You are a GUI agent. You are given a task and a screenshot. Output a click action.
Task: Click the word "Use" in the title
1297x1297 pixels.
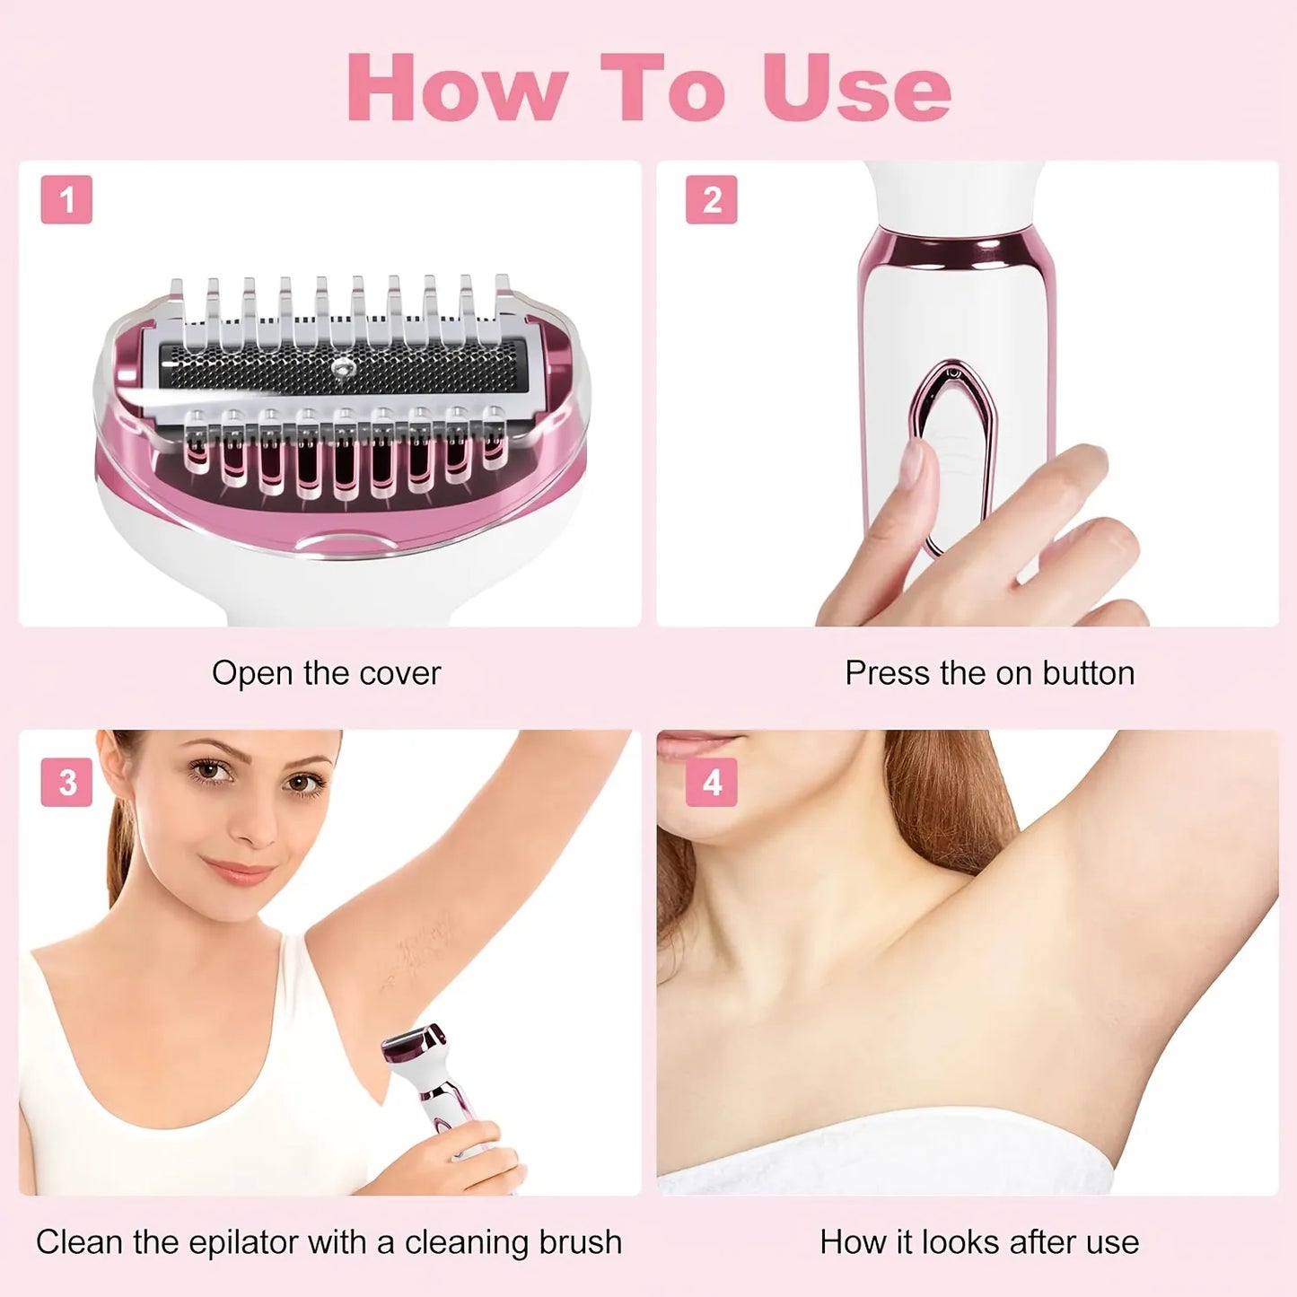pos(855,87)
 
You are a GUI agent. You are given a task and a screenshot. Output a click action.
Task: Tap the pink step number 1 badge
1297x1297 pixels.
pos(66,199)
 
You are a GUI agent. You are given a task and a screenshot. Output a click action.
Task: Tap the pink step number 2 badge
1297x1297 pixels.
pos(711,199)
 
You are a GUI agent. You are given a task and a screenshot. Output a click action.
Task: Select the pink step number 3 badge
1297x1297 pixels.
pos(66,782)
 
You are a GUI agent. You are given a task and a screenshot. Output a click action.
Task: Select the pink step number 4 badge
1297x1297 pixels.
pos(711,782)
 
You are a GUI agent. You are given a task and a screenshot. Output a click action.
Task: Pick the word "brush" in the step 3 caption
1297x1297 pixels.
pos(580,1242)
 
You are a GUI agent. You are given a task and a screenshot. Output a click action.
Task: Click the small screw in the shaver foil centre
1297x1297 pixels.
pos(342,365)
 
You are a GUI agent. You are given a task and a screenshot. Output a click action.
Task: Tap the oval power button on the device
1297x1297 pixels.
pos(955,449)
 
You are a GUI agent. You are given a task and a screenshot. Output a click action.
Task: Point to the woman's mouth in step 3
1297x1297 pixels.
pos(239,870)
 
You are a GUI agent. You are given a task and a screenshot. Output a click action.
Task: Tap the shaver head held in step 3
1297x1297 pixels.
pos(415,1046)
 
